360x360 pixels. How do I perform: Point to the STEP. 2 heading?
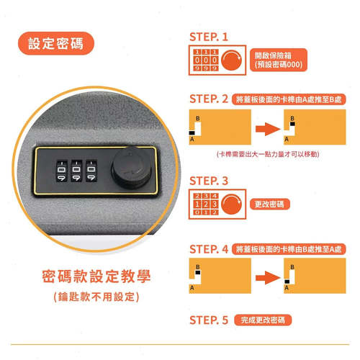[x=208, y=98]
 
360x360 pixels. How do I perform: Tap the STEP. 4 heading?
[x=208, y=248]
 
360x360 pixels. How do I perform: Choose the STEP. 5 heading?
[x=208, y=319]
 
